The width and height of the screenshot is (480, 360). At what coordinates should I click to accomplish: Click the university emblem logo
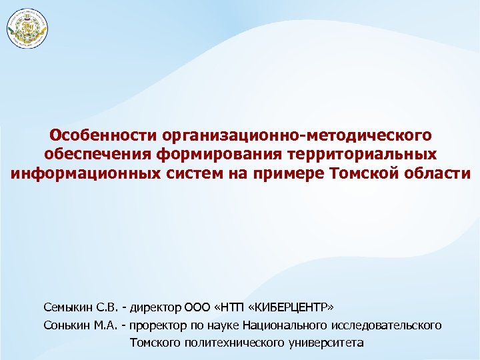(28, 29)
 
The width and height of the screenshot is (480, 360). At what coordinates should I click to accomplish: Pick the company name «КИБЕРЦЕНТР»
(294, 307)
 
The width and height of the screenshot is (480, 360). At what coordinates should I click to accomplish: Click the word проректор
(159, 325)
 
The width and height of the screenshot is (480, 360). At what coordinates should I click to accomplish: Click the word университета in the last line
(327, 343)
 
